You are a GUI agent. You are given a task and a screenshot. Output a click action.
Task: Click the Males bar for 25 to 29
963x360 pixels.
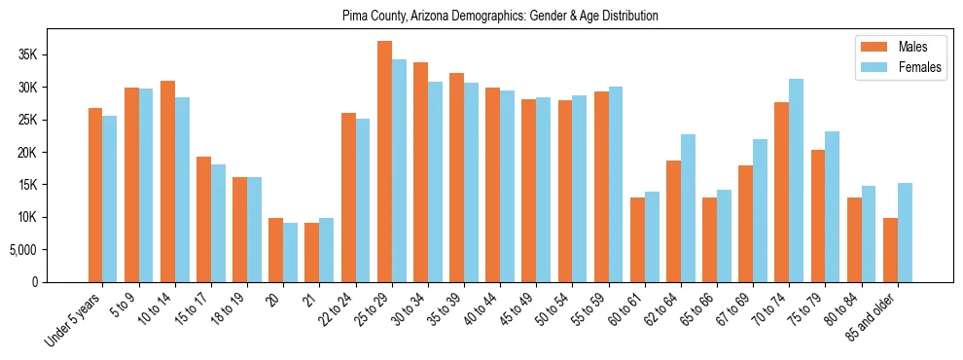tap(384, 162)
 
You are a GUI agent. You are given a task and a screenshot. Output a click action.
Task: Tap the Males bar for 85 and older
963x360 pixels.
tap(890, 250)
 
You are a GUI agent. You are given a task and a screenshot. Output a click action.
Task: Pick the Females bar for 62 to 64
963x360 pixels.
tap(688, 208)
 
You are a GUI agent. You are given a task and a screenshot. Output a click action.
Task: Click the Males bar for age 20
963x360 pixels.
tap(275, 250)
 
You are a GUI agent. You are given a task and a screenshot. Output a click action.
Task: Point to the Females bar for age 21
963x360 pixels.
tap(326, 250)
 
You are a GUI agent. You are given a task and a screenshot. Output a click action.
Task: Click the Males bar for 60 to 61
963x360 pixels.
tap(637, 239)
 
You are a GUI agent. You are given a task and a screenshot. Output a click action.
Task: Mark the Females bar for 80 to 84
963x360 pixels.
tap(869, 234)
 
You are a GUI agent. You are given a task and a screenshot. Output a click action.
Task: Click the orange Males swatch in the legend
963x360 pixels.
tap(868, 47)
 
